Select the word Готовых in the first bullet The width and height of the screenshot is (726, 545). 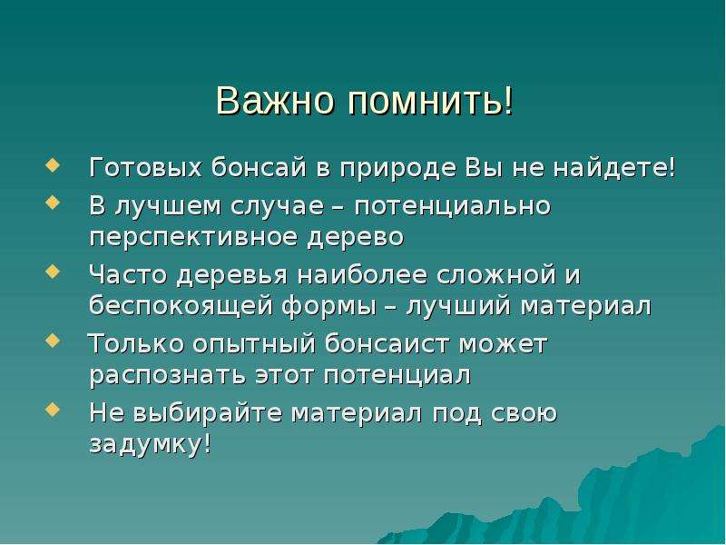click(x=146, y=167)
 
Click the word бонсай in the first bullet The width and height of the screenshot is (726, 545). click(x=259, y=167)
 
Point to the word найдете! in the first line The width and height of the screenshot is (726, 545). click(x=615, y=167)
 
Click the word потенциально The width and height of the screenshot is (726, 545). click(x=453, y=206)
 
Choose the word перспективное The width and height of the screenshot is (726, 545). click(x=193, y=237)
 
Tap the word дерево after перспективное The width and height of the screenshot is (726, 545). click(x=356, y=237)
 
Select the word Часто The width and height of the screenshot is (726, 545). click(x=128, y=275)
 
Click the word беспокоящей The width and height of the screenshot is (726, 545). click(x=181, y=305)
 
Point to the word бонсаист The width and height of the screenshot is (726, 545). click(x=388, y=344)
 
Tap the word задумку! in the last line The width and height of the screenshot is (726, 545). click(x=151, y=444)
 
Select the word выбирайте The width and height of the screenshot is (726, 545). click(x=208, y=413)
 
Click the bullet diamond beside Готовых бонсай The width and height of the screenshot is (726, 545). click(x=54, y=166)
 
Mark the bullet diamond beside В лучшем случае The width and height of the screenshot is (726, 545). click(x=54, y=203)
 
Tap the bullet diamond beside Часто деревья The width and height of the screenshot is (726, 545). click(x=54, y=272)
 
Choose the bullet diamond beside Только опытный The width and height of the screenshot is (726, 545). click(x=54, y=342)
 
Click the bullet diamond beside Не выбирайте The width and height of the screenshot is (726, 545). click(x=54, y=410)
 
